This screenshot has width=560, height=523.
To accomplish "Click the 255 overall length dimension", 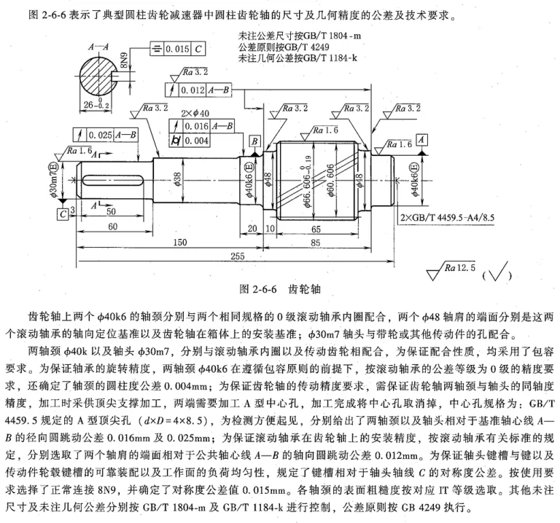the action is coord(237,256).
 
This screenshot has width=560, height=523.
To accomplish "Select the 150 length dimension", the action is coord(179,243).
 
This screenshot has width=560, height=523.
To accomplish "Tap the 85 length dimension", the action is coord(315,243).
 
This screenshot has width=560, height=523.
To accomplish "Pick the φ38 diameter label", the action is coord(177,179).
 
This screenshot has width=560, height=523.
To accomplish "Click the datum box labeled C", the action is coord(63,213).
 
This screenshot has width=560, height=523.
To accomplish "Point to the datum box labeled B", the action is coord(254,141).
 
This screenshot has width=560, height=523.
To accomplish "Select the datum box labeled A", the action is coord(422,139).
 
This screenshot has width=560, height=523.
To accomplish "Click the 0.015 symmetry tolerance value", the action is coord(177,49).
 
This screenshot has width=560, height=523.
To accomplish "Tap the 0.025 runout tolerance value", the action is coord(101,135).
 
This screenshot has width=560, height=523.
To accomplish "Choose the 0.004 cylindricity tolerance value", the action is coord(196,141).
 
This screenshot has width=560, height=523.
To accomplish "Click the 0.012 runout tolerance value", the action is coord(192,90).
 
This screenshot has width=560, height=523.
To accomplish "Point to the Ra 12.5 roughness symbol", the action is coord(451,270).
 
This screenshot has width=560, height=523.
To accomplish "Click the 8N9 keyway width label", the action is coord(123,60).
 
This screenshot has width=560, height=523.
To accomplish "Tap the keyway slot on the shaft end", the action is coord(113,180).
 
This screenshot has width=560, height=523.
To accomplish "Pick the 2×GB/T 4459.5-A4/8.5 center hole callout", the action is coord(447,217).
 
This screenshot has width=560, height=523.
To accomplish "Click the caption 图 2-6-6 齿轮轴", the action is coord(280,289).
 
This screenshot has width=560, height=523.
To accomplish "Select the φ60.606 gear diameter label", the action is coord(331,180).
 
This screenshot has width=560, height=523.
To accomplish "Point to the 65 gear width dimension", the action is coord(316,229).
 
